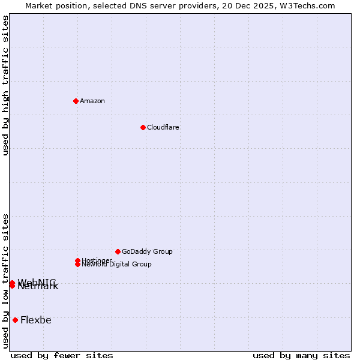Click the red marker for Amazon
tap(76, 101)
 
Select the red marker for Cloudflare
tap(143, 127)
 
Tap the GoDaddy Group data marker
tap(118, 251)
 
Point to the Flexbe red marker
tap(15, 320)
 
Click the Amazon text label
tap(92, 101)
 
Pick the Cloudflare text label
tap(163, 127)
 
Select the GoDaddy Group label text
tap(147, 251)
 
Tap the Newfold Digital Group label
tap(116, 265)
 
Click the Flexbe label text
tap(36, 320)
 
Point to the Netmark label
tap(38, 287)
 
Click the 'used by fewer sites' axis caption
tap(62, 355)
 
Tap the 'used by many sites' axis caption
tap(301, 355)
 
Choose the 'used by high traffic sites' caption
tap(6, 85)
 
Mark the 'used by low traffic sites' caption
tap(6, 280)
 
